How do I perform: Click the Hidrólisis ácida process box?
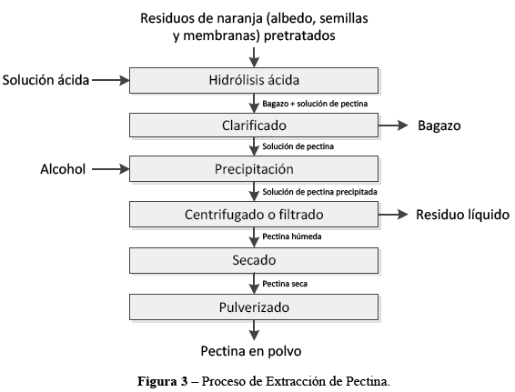254,80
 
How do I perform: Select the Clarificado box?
254,126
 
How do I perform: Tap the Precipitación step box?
254,169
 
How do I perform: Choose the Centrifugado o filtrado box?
254,215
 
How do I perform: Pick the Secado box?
254,260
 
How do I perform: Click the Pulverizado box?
254,307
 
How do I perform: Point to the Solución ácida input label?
45,80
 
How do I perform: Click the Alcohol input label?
63,169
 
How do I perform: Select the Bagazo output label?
439,126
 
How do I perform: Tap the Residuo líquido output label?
462,215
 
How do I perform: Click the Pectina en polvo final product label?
251,351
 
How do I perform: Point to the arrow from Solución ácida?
111,80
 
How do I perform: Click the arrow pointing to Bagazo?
393,126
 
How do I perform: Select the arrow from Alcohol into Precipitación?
111,169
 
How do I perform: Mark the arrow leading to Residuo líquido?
393,215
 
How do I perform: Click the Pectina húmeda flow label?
292,236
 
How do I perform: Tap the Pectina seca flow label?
285,284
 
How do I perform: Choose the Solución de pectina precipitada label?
319,192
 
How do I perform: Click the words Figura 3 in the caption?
162,381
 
